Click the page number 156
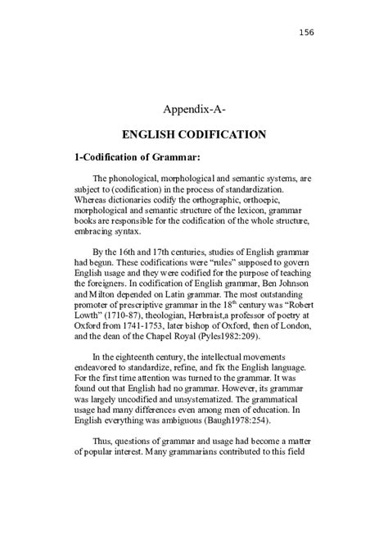pyautogui.click(x=306, y=32)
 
